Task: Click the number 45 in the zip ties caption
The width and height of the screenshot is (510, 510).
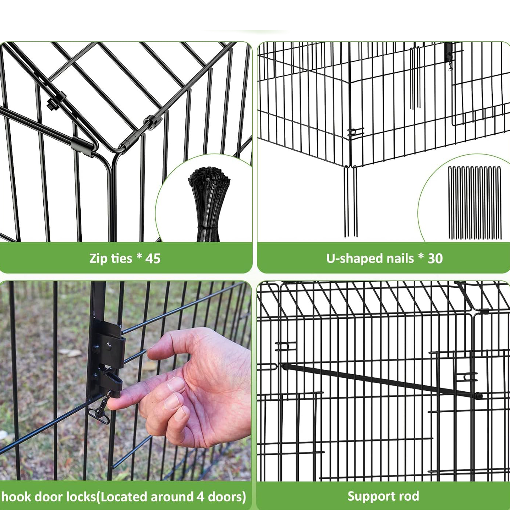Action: point(153,258)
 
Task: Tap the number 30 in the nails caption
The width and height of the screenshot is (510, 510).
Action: point(435,258)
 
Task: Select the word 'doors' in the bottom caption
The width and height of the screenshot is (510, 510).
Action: point(224,497)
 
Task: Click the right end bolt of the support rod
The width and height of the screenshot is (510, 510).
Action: point(478,396)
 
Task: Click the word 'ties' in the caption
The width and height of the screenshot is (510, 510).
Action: point(121,258)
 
